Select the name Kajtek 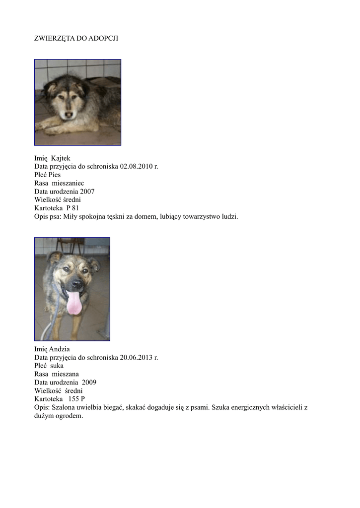coord(61,158)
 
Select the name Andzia coord(60,349)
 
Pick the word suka coord(58,366)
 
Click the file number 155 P coord(76,399)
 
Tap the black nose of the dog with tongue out coord(76,284)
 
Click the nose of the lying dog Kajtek coord(68,115)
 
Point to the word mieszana coord(66,374)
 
